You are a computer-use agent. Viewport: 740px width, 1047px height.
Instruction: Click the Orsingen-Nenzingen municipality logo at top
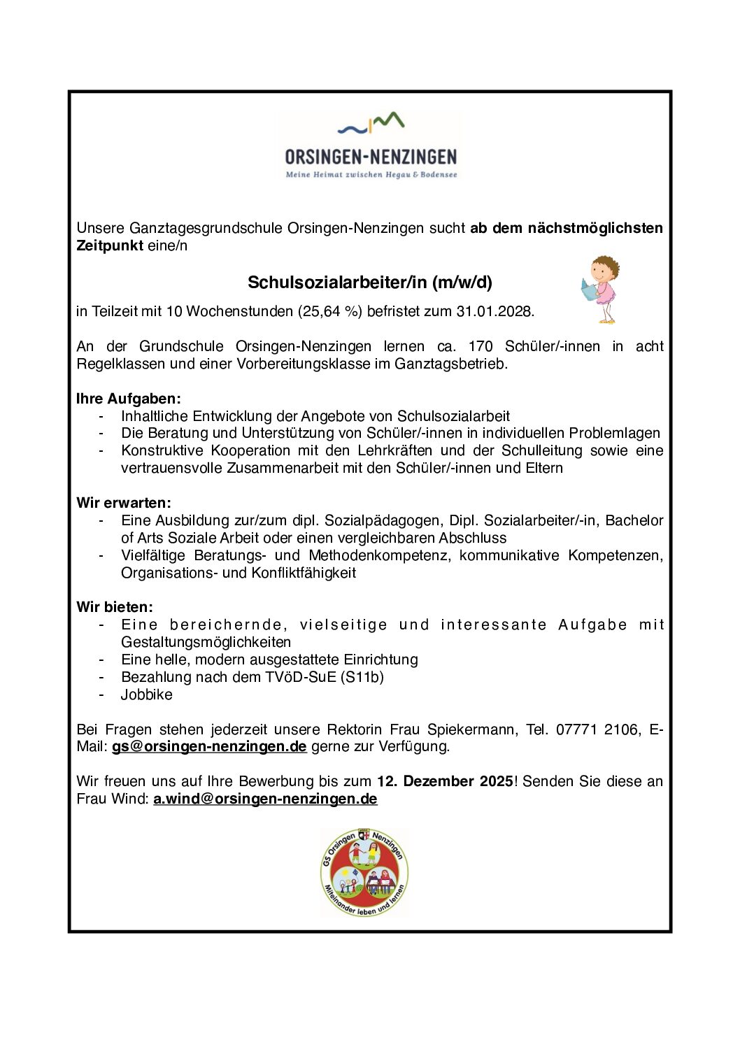coord(370,146)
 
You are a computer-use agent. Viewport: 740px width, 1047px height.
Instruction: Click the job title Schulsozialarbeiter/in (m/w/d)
coord(370,283)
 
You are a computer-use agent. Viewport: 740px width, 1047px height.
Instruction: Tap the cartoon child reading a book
coord(601,290)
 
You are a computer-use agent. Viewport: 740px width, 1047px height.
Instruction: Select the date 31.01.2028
coord(494,311)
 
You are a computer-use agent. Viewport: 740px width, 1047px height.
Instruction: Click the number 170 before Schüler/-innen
coord(481,346)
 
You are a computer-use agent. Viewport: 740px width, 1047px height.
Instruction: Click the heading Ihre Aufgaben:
coord(129,399)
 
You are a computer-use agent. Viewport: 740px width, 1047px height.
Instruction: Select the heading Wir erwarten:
coord(124,503)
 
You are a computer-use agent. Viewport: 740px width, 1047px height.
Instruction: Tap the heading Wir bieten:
coord(115,607)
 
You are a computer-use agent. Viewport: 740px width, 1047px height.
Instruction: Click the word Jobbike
coord(146,695)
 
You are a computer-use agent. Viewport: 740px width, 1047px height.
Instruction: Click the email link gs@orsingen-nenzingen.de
coord(209,746)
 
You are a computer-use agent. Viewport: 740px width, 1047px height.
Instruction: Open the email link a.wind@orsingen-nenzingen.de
coord(265,799)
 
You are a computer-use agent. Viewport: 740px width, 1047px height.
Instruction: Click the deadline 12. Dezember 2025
coord(445,781)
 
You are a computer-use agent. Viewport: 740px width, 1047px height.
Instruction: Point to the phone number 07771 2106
coord(597,729)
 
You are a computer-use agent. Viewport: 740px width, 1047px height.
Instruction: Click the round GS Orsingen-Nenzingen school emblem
coord(364,872)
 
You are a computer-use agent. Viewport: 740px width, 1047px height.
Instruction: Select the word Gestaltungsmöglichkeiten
coord(206,642)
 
